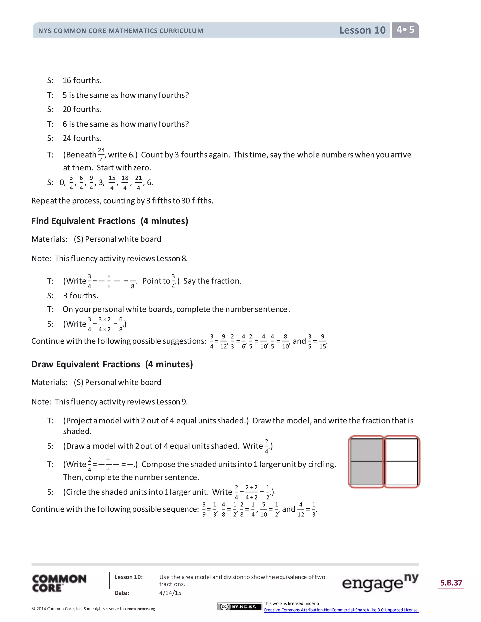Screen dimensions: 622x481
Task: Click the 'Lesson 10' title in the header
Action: [362, 30]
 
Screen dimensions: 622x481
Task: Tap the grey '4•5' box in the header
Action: [405, 30]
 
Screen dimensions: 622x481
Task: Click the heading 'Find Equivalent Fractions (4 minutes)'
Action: [110, 221]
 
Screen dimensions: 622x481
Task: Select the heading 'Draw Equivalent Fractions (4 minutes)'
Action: [112, 364]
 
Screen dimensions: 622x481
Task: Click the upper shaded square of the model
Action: [367, 450]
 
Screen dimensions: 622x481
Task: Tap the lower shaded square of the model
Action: [367, 473]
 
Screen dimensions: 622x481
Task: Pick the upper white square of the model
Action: [401, 450]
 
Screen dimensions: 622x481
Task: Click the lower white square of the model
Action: [401, 473]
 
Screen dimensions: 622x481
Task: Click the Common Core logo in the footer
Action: [59, 583]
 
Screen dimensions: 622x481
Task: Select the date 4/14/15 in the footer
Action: [170, 593]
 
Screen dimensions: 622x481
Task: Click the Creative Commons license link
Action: [341, 610]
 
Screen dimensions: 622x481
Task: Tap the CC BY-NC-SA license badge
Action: [239, 607]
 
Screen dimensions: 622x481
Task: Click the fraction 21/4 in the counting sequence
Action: [139, 183]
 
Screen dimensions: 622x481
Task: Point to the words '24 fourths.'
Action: [82, 138]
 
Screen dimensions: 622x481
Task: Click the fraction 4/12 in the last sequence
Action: [301, 509]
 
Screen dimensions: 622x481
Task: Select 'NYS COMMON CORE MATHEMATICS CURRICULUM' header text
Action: [121, 31]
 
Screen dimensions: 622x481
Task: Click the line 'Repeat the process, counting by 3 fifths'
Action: [122, 201]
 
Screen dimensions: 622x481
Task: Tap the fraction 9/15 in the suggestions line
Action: [322, 341]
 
